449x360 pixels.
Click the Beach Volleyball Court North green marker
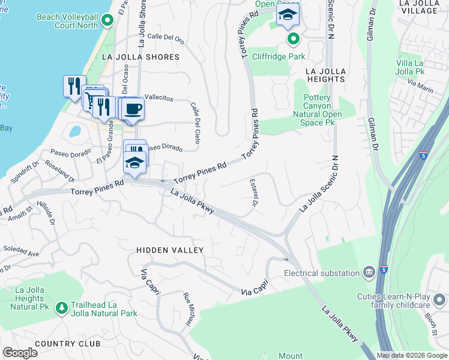[x=107, y=21]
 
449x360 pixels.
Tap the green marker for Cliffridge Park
[x=293, y=40]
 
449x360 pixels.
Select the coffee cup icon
[x=133, y=109]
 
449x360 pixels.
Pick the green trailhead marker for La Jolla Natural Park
[x=61, y=308]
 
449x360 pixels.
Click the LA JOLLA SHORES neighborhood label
[x=140, y=57]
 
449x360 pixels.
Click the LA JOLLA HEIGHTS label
[x=325, y=74]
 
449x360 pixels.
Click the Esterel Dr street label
[x=254, y=194]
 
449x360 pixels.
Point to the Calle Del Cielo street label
[x=195, y=123]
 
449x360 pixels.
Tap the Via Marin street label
[x=420, y=85]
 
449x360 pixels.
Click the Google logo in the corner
[x=20, y=353]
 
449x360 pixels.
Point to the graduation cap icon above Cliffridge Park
[x=288, y=16]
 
